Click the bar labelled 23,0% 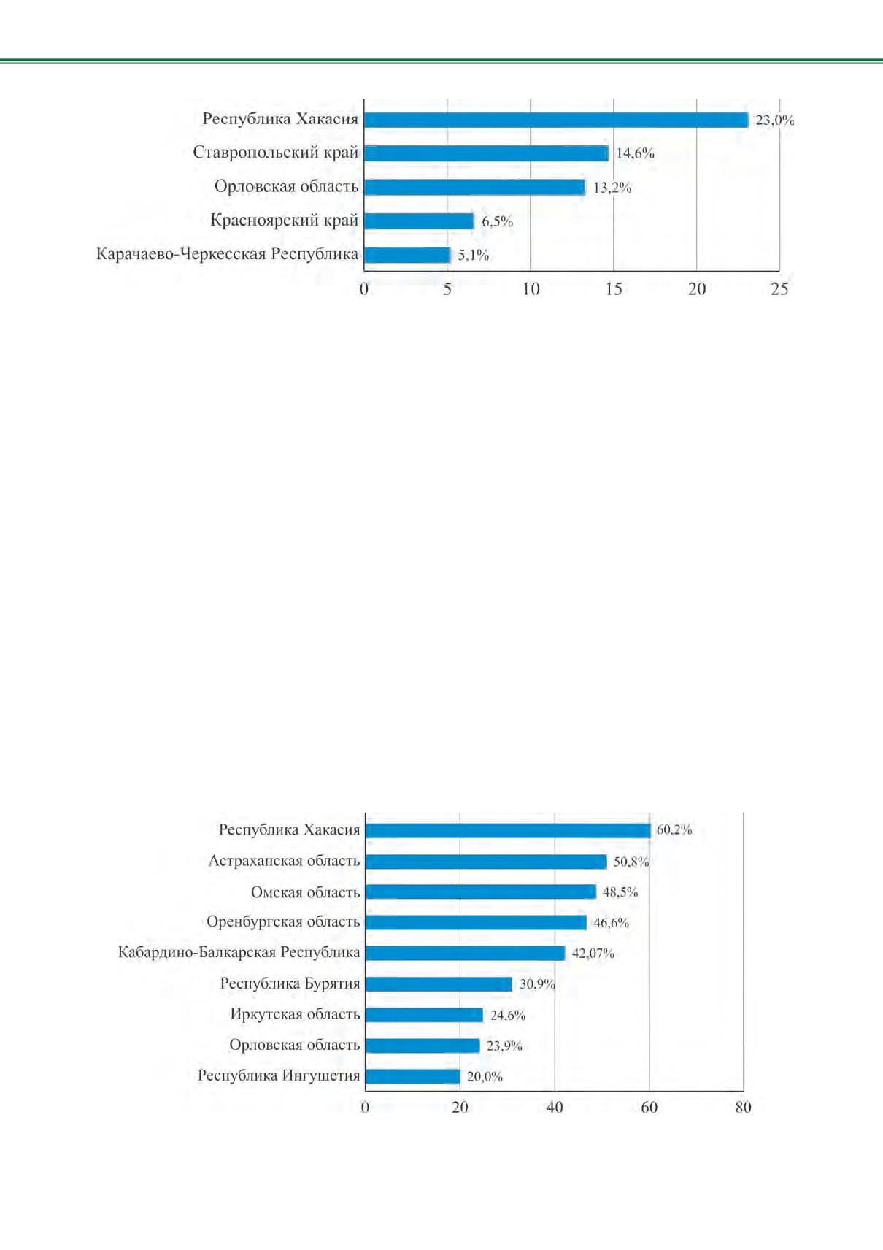click(x=556, y=120)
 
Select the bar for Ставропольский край click(x=487, y=153)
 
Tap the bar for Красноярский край click(x=419, y=221)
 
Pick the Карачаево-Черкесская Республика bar click(x=407, y=255)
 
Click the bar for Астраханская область click(x=487, y=862)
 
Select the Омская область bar click(x=481, y=892)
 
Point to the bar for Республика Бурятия click(x=439, y=984)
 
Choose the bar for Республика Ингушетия click(x=413, y=1076)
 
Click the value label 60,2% click(x=674, y=829)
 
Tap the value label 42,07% click(x=593, y=954)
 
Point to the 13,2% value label click(x=612, y=188)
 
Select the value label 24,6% click(x=508, y=1016)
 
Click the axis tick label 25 click(x=779, y=289)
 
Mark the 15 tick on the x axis click(x=614, y=289)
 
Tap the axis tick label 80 click(x=744, y=1107)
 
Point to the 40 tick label click(x=555, y=1107)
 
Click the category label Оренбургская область click(x=283, y=922)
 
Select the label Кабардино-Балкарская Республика click(x=239, y=953)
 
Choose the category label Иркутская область click(x=295, y=1014)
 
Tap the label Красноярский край click(x=285, y=221)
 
